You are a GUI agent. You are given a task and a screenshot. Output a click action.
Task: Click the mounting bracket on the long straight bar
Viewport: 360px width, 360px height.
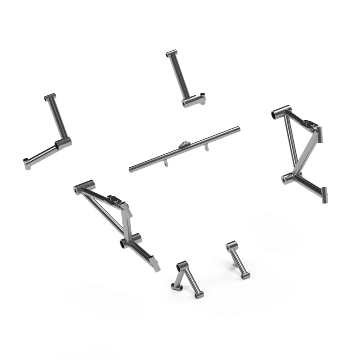(184, 145)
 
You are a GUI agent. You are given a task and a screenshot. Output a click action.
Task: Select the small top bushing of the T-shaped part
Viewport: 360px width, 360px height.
(171, 53)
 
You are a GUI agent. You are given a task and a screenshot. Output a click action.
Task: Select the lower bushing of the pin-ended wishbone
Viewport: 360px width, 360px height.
(288, 178)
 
